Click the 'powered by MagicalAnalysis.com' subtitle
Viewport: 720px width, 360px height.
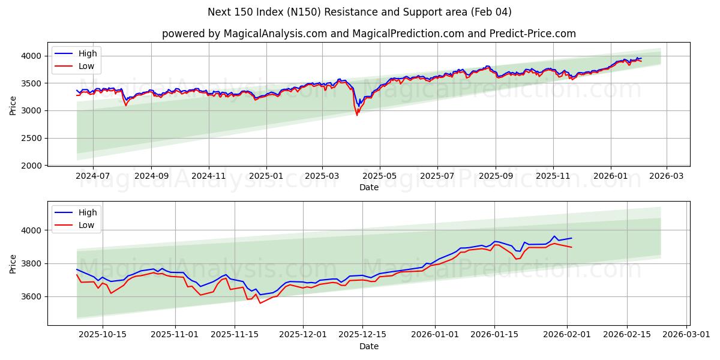[x=368, y=34]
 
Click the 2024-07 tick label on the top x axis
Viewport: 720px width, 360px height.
[x=93, y=176]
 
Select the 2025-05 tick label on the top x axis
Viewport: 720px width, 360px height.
[x=379, y=176]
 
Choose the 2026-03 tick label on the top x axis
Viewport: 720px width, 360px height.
[x=667, y=176]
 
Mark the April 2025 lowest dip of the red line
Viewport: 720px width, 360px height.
[x=357, y=115]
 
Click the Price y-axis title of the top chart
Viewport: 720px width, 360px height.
[x=13, y=105]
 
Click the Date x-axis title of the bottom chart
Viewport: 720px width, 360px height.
[x=368, y=346]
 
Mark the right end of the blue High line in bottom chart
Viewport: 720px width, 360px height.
[x=572, y=238]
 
